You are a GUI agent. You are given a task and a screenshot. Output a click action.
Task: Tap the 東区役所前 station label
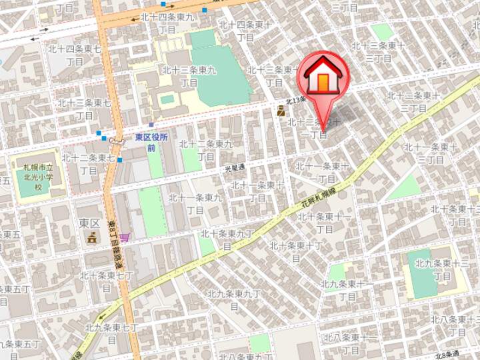pos(151,142)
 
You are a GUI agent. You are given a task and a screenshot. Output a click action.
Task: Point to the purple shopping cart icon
pos(125,237)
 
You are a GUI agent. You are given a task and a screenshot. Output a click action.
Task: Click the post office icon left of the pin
pos(281,112)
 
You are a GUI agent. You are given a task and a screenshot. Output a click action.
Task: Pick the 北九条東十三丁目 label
pos(441,269)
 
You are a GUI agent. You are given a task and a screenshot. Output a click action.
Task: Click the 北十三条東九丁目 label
pos(189,76)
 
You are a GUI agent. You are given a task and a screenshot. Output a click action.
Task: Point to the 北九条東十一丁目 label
pos(348,290)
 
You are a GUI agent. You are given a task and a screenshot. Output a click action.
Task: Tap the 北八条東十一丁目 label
pos(351,343)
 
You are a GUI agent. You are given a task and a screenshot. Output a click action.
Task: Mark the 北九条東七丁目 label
pos(111,333)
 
